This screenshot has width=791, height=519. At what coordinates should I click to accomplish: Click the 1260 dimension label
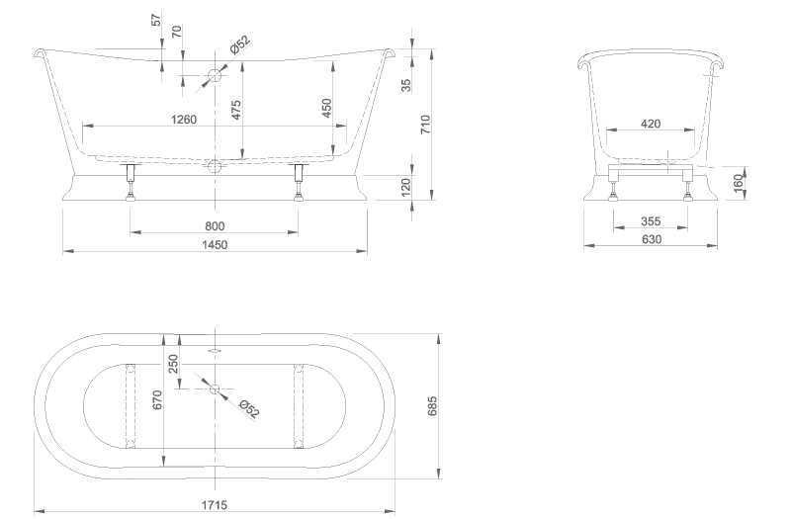coord(184,120)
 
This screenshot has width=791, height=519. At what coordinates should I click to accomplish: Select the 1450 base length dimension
coord(215,244)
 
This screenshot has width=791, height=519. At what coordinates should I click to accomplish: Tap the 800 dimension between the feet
coord(215,226)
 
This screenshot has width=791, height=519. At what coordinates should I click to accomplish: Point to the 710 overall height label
coord(425,125)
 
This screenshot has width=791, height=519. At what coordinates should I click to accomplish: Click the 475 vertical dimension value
coord(235,110)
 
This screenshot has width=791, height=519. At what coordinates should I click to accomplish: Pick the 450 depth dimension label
coord(326,108)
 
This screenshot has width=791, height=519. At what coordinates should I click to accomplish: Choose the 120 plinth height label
coord(406,187)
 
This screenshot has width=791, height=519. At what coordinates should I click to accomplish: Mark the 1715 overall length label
coord(215,504)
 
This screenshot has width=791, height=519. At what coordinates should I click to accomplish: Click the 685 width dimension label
coord(432,406)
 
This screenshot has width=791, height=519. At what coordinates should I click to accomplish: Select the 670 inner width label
coord(157,400)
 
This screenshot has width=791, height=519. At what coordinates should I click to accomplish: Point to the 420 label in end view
coord(651,124)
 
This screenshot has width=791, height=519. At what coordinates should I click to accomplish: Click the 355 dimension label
coord(651,220)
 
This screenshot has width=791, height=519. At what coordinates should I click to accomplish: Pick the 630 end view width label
coord(652,239)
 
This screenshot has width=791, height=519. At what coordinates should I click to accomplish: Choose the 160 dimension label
coord(739,183)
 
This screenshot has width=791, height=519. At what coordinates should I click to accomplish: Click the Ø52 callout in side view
coord(240,44)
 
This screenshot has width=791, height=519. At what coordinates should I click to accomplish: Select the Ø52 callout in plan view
coord(249,409)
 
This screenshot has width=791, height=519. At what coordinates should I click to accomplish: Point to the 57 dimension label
coord(156,20)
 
